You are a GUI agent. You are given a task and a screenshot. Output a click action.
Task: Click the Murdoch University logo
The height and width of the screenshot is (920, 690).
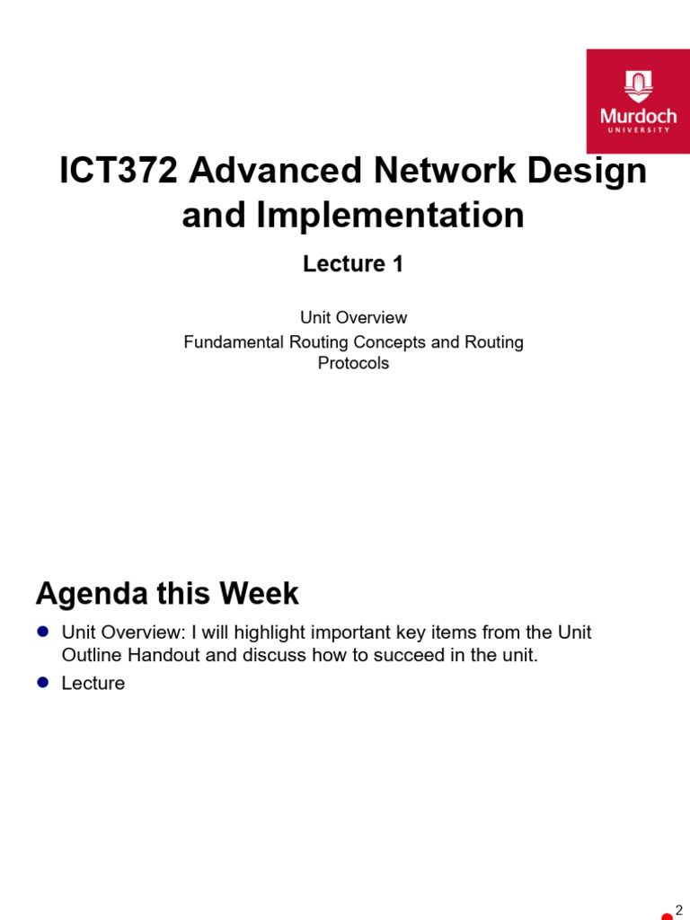[x=638, y=101]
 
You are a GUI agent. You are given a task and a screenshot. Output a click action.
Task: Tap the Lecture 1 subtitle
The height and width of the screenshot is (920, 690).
[x=353, y=264]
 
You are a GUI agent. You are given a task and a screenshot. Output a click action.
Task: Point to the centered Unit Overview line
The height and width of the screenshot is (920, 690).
[x=353, y=318]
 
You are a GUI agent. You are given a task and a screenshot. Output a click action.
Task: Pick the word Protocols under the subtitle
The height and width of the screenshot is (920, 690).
[x=353, y=364]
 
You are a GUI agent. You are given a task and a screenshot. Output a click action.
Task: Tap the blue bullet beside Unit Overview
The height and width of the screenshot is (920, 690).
[x=42, y=632]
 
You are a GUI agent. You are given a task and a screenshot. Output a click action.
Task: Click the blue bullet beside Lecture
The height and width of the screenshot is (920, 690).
[x=42, y=683]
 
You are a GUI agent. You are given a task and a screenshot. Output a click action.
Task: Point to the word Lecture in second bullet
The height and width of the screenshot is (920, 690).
[x=93, y=684]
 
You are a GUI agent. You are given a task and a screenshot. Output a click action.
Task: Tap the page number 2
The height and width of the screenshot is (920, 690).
[x=679, y=910]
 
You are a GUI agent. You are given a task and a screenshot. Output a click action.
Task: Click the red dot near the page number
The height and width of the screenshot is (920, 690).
[x=667, y=916]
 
